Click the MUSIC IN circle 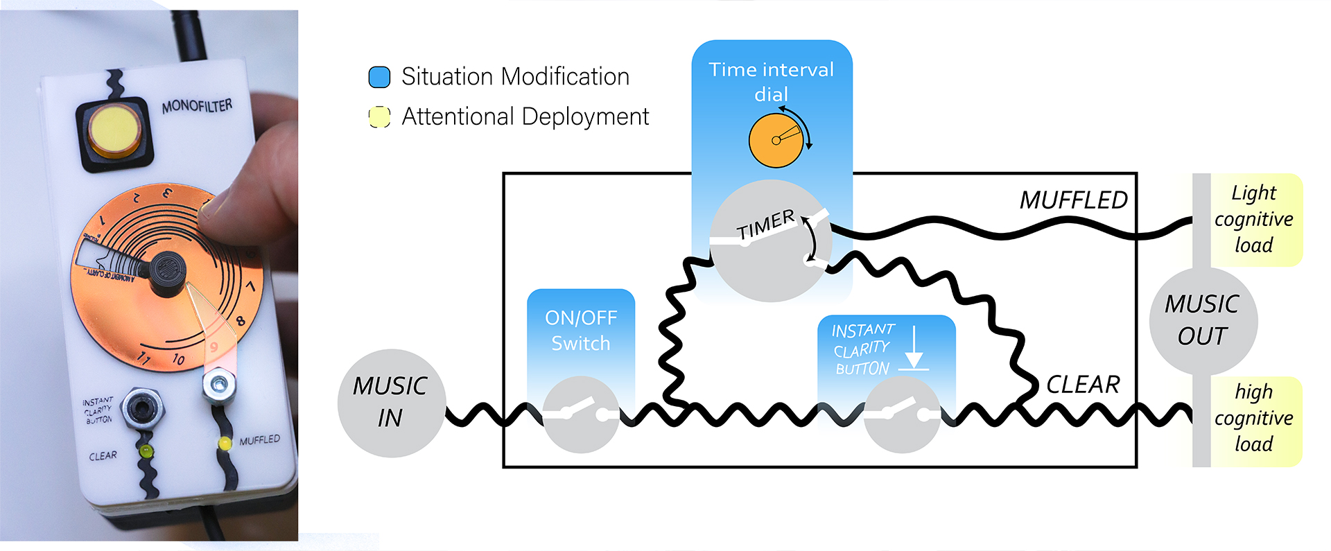click(390, 403)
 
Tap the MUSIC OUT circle click(1203, 320)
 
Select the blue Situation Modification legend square click(379, 77)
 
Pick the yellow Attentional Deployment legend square click(379, 116)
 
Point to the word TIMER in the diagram click(765, 225)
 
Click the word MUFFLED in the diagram click(1073, 200)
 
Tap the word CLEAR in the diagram click(1083, 385)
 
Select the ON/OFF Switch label click(581, 331)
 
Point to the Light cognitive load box click(1254, 219)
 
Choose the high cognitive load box click(1254, 418)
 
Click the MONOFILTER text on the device click(197, 106)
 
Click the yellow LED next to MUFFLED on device click(225, 444)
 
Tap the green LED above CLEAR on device click(146, 451)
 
